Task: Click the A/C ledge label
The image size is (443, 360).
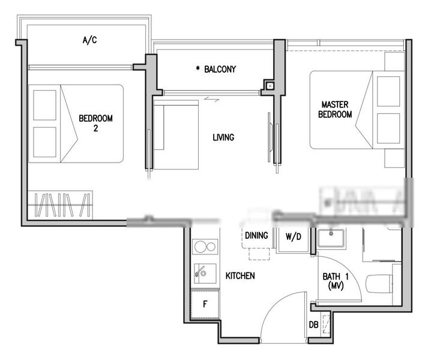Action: pos(89,41)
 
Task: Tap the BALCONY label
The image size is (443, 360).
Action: pos(220,70)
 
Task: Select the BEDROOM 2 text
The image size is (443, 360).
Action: pos(95,122)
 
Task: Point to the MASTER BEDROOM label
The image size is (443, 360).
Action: pos(335,109)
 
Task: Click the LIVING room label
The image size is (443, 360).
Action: pos(223,137)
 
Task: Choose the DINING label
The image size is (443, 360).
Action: pos(256,236)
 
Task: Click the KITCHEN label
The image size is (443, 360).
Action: pos(240,276)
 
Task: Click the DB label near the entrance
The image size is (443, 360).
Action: pos(313,325)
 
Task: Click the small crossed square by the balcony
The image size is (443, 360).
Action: pos(270,86)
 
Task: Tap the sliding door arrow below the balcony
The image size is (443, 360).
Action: pos(211,100)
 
